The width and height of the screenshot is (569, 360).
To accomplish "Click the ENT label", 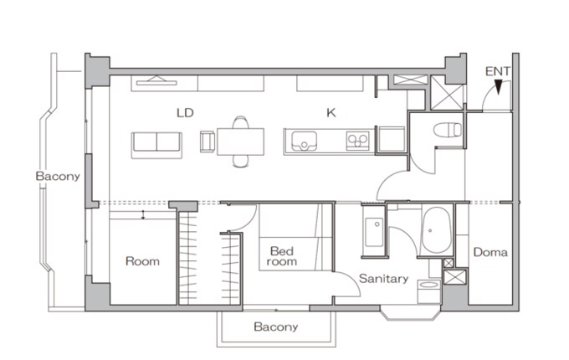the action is coord(498,71).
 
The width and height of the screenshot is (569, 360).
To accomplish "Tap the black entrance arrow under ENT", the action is coord(499,87).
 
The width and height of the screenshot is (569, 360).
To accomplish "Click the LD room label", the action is coord(185,113).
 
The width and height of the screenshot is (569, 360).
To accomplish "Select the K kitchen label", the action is coord(331,113).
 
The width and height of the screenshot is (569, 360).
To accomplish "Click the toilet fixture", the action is coord(448,130).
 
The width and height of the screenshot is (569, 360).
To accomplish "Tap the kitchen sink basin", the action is coord(304,141).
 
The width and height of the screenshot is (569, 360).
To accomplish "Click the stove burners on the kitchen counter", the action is coord(357,141).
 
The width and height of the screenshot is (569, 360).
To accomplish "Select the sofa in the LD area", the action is coord(156,145).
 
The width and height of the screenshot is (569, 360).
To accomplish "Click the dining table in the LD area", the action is coord(241,141).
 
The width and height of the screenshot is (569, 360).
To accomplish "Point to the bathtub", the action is coord(437,230).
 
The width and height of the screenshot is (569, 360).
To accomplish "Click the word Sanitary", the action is coord(383,279).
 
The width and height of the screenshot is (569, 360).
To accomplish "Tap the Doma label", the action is coord(490,252).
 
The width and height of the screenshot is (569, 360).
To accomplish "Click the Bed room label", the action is coord(282,256).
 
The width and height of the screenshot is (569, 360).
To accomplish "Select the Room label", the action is coord(142,261).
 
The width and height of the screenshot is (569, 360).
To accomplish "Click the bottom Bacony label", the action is coord(276,327).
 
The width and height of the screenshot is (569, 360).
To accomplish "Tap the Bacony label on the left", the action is coord(58,177).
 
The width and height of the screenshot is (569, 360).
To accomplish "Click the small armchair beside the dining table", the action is coord(208,141).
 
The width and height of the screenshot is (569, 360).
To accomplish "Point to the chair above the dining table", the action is coord(241,122).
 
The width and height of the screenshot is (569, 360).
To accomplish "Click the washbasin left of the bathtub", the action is coord(374,232).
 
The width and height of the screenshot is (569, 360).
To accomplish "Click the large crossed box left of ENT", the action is coord(447,93).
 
